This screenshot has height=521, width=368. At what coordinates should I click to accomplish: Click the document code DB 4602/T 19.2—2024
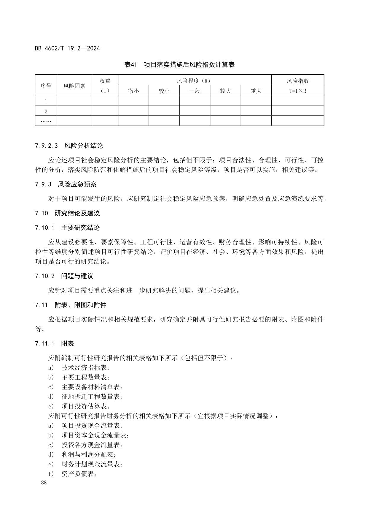67,48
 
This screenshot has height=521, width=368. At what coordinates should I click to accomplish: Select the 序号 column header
46,86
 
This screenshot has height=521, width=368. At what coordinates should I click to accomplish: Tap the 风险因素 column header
74,86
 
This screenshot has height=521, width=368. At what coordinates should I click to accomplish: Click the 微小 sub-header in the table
133,91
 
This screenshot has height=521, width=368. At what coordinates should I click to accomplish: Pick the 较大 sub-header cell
225,91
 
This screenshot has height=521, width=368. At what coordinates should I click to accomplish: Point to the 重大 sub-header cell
256,91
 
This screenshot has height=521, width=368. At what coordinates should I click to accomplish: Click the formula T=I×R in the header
297,91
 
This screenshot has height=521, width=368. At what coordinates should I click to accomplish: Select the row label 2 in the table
46,111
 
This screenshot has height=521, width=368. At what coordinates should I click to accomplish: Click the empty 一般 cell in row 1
195,101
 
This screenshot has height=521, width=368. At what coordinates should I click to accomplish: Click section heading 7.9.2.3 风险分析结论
69,146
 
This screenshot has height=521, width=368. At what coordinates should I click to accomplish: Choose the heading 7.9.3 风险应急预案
66,184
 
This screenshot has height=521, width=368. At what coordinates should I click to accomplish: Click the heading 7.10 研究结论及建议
67,213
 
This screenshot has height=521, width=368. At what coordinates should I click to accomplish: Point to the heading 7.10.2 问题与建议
64,276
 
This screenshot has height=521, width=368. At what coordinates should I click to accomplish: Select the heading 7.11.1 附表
54,343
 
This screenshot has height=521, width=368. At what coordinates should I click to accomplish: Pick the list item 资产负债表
79,474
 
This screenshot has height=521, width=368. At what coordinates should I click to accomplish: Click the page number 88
44,483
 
